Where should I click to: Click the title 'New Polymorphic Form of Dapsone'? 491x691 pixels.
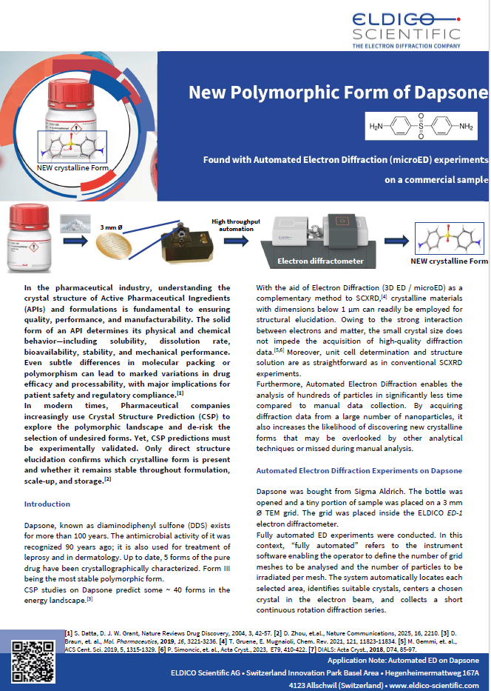[338, 93]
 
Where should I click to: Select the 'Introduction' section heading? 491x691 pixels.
[47, 504]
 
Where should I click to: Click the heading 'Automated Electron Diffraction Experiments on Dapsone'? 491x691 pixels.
[359, 470]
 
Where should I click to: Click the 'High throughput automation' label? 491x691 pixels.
[236, 225]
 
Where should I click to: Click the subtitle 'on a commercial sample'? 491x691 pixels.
[436, 179]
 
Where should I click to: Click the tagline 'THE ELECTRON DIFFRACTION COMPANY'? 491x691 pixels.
[416, 46]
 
